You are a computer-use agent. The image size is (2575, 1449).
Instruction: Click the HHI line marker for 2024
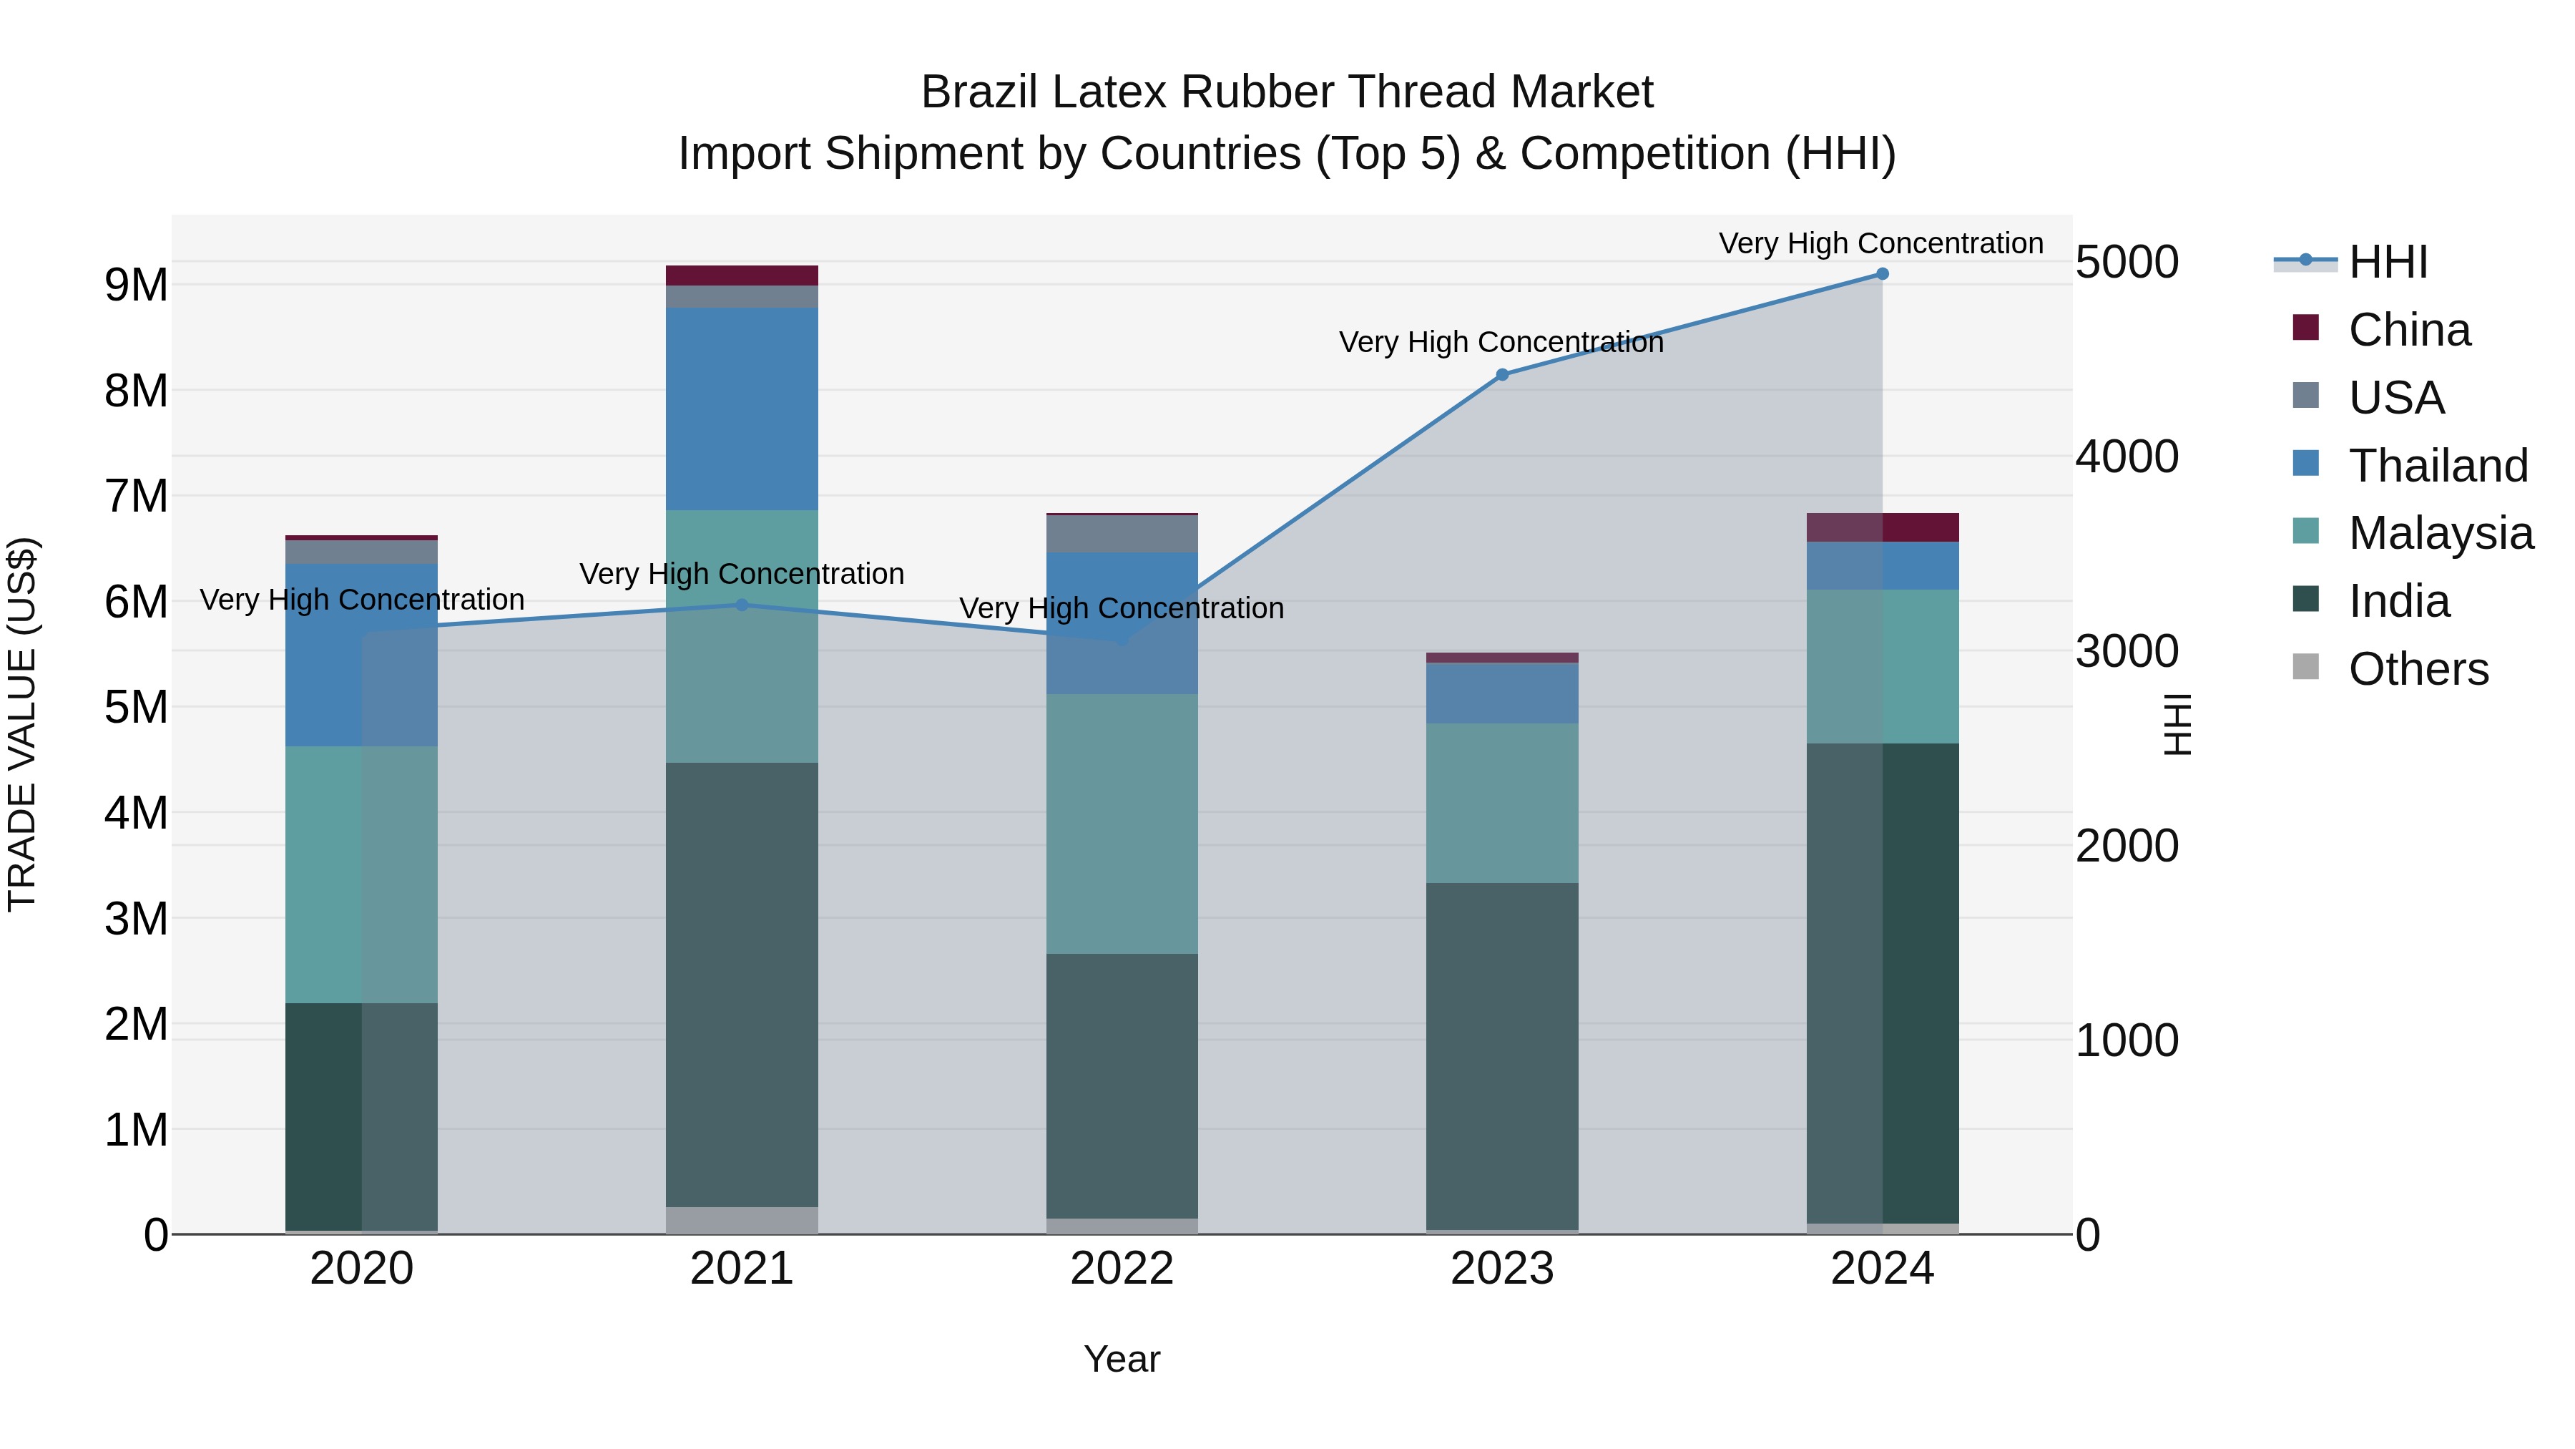pos(1883,274)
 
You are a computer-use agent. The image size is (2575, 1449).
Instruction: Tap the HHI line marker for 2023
pos(1502,375)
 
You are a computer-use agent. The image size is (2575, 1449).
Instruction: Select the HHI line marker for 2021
pos(742,605)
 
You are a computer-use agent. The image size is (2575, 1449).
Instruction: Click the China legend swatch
pos(2306,328)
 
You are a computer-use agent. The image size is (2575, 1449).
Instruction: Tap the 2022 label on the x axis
pos(1122,1269)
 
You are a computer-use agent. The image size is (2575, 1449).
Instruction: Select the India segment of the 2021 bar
pos(742,985)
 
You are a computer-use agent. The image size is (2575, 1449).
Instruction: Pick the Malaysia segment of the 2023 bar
pos(1502,803)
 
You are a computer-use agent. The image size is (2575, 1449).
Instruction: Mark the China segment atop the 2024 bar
pos(1883,527)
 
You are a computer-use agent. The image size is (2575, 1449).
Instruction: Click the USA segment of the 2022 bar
pos(1122,534)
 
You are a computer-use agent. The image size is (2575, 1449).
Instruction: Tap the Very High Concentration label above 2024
pos(1880,243)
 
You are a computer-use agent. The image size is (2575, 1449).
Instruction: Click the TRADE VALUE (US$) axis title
pos(23,724)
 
